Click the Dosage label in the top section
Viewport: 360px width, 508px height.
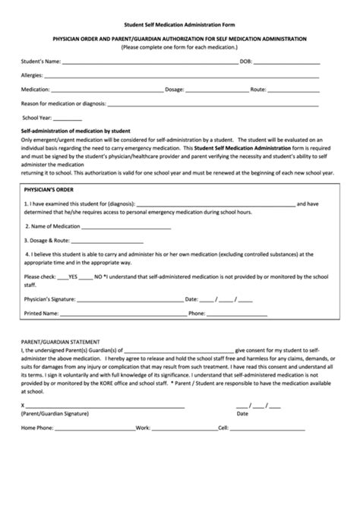[x=175, y=90]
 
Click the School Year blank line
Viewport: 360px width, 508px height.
[x=68, y=120]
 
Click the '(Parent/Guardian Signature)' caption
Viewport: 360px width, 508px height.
[x=55, y=415]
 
